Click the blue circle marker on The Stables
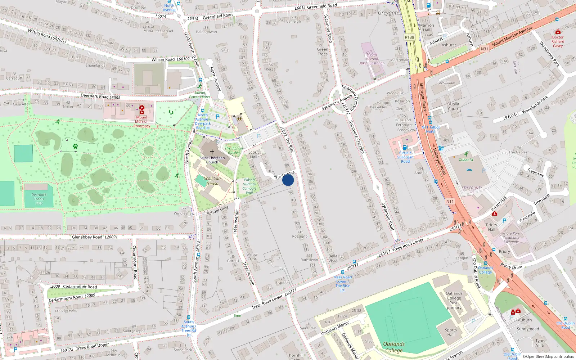pyautogui.click(x=288, y=180)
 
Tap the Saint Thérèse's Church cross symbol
pyautogui.click(x=212, y=152)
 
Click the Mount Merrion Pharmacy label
pyautogui.click(x=142, y=122)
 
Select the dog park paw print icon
pyautogui.click(x=75, y=146)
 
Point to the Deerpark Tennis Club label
pyautogui.click(x=39, y=199)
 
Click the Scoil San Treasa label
pyautogui.click(x=212, y=181)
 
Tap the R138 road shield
pyautogui.click(x=409, y=37)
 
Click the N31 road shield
pyautogui.click(x=484, y=49)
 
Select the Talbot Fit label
pyautogui.click(x=466, y=160)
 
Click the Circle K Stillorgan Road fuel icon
pyautogui.click(x=405, y=147)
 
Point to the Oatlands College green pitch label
pyautogui.click(x=394, y=347)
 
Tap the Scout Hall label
pyautogui.click(x=253, y=154)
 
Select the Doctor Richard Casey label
pyautogui.click(x=558, y=41)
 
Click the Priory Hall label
pyautogui.click(x=491, y=227)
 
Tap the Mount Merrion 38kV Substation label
pyautogui.click(x=372, y=59)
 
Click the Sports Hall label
pyautogui.click(x=451, y=332)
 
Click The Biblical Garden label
pyautogui.click(x=234, y=150)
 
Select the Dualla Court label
pyautogui.click(x=453, y=106)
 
